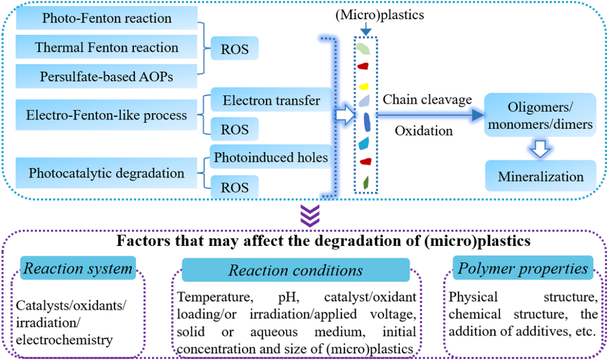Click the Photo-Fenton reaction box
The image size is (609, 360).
[107, 18]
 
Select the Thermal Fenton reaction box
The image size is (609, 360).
[107, 47]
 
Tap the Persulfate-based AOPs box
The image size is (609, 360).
[107, 76]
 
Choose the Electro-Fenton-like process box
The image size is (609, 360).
[107, 115]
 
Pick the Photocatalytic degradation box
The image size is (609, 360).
[107, 173]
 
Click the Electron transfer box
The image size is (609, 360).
[271, 100]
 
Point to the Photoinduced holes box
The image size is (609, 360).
[271, 157]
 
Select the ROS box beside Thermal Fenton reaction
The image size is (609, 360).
[235, 48]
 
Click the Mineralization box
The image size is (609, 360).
[541, 176]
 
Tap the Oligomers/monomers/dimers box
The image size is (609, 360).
[540, 115]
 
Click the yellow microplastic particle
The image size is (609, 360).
[363, 86]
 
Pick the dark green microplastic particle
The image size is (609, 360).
[366, 183]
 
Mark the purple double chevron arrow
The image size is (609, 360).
[310, 216]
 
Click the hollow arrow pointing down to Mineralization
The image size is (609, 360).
[540, 148]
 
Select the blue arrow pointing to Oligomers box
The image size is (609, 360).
[430, 115]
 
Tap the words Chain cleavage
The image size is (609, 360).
[427, 100]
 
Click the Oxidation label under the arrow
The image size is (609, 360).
[424, 131]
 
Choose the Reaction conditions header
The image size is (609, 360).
[296, 270]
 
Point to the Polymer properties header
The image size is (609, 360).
[523, 268]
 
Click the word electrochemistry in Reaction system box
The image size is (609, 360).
[65, 340]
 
